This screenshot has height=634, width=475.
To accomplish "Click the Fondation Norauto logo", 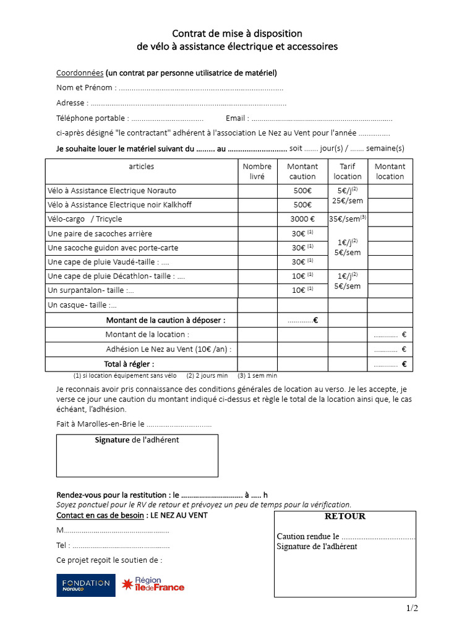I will tap(86, 585).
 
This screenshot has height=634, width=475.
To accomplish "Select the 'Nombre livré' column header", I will tap(257, 172).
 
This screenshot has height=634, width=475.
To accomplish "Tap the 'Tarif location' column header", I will tap(348, 172).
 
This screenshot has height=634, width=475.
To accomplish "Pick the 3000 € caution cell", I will tap(302, 219).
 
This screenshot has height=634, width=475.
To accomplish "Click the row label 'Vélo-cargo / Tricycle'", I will tap(85, 219).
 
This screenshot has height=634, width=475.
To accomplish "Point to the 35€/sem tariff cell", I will tap(348, 219).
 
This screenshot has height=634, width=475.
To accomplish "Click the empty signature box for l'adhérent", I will tap(137, 461).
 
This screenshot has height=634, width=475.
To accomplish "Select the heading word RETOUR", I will tap(345, 516).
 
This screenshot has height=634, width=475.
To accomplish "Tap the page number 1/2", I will tap(413, 609).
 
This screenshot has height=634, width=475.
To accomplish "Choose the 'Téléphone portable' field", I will tap(130, 118).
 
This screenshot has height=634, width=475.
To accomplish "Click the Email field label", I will tap(237, 118).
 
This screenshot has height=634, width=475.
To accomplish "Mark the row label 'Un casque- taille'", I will tap(82, 305).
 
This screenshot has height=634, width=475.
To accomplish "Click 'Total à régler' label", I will tap(129, 364).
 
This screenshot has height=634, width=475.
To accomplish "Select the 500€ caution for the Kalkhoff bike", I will tap(302, 205).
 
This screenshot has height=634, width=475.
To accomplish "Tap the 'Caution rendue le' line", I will tap(345, 537).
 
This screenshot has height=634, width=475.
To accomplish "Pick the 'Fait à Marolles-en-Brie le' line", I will tap(134, 425).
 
